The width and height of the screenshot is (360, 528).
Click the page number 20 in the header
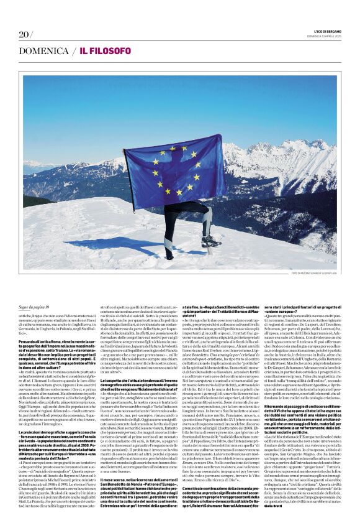(x=25, y=34)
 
